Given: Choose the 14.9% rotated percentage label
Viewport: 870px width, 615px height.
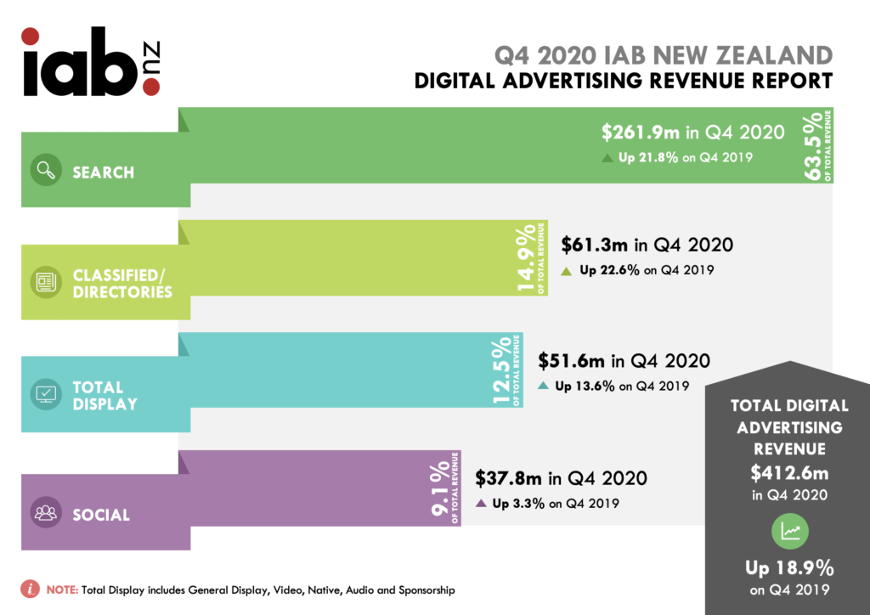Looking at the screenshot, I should [x=528, y=258].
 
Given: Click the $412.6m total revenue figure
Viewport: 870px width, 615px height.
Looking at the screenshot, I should [x=789, y=472].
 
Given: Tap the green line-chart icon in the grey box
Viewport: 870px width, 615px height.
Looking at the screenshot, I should [x=789, y=532].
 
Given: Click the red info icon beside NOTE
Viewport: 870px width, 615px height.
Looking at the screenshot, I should [x=31, y=589].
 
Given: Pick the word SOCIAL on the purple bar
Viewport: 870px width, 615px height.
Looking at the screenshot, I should [x=101, y=515].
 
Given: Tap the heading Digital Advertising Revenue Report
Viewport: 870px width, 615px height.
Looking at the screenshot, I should [x=624, y=82].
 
